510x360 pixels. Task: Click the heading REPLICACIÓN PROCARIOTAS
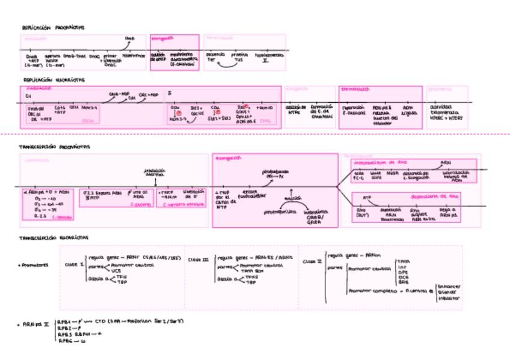(54, 27)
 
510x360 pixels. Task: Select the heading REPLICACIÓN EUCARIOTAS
(54, 79)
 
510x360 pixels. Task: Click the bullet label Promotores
(34, 264)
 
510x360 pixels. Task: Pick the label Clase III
(198, 260)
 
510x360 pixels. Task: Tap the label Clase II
(313, 261)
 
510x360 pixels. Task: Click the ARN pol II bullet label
(35, 324)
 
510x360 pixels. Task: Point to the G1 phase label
(28, 96)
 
